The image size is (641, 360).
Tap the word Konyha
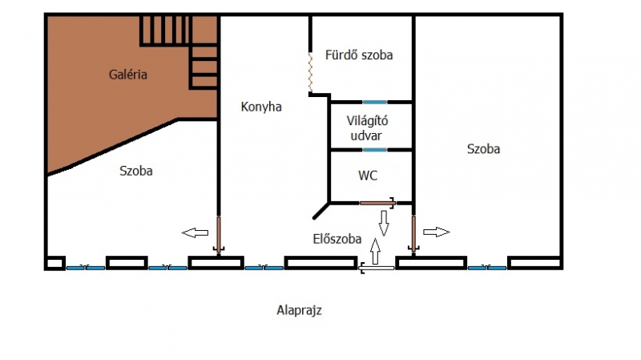click(x=261, y=107)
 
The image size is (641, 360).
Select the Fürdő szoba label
click(x=358, y=55)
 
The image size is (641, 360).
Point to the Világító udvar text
click(x=367, y=128)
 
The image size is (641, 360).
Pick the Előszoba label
click(x=337, y=239)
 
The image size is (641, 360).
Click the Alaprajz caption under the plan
click(x=299, y=309)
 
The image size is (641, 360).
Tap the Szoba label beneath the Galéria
click(x=136, y=171)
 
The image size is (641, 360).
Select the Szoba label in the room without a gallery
click(x=484, y=149)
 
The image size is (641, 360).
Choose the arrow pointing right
click(x=437, y=232)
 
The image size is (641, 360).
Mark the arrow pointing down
click(x=384, y=222)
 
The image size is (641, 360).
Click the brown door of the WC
click(x=375, y=202)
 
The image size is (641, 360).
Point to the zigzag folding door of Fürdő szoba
click(x=310, y=73)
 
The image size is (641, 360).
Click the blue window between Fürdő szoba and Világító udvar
click(x=374, y=102)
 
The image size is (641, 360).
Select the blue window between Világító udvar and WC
click(x=374, y=150)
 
